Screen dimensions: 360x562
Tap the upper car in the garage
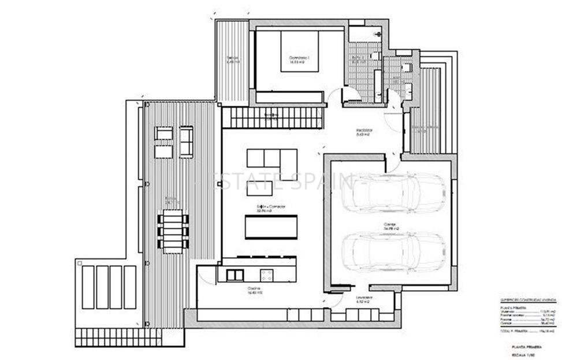393,193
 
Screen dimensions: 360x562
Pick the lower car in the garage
393,251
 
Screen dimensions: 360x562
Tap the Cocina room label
252,290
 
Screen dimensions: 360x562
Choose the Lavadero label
364,299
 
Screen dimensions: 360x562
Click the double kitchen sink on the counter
236,275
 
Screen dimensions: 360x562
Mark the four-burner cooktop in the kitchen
267,275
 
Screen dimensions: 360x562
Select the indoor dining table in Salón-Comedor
271,226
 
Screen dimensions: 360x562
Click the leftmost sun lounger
88,287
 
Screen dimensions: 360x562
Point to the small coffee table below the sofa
259,188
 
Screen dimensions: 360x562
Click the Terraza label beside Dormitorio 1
232,59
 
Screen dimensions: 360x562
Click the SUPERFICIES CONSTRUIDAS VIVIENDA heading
528,300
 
